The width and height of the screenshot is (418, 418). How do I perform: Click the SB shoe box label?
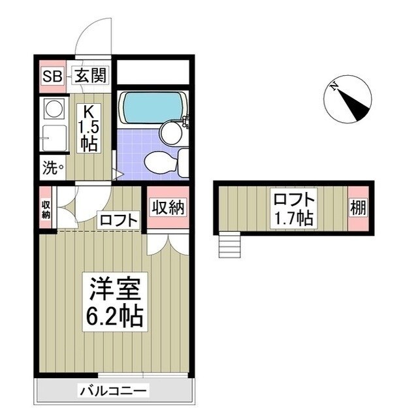(x=52, y=76)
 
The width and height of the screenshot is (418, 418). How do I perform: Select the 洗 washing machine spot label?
(x=53, y=167)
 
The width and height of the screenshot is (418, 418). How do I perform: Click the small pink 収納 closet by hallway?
(x=46, y=209)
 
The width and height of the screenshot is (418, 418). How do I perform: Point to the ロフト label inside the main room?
(x=118, y=220)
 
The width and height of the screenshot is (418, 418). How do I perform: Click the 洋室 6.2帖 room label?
(x=113, y=302)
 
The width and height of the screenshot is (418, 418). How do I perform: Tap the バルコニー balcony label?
(x=114, y=391)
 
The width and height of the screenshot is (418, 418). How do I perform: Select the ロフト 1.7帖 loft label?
(x=293, y=208)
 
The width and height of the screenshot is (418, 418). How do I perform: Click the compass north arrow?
(x=348, y=99)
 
